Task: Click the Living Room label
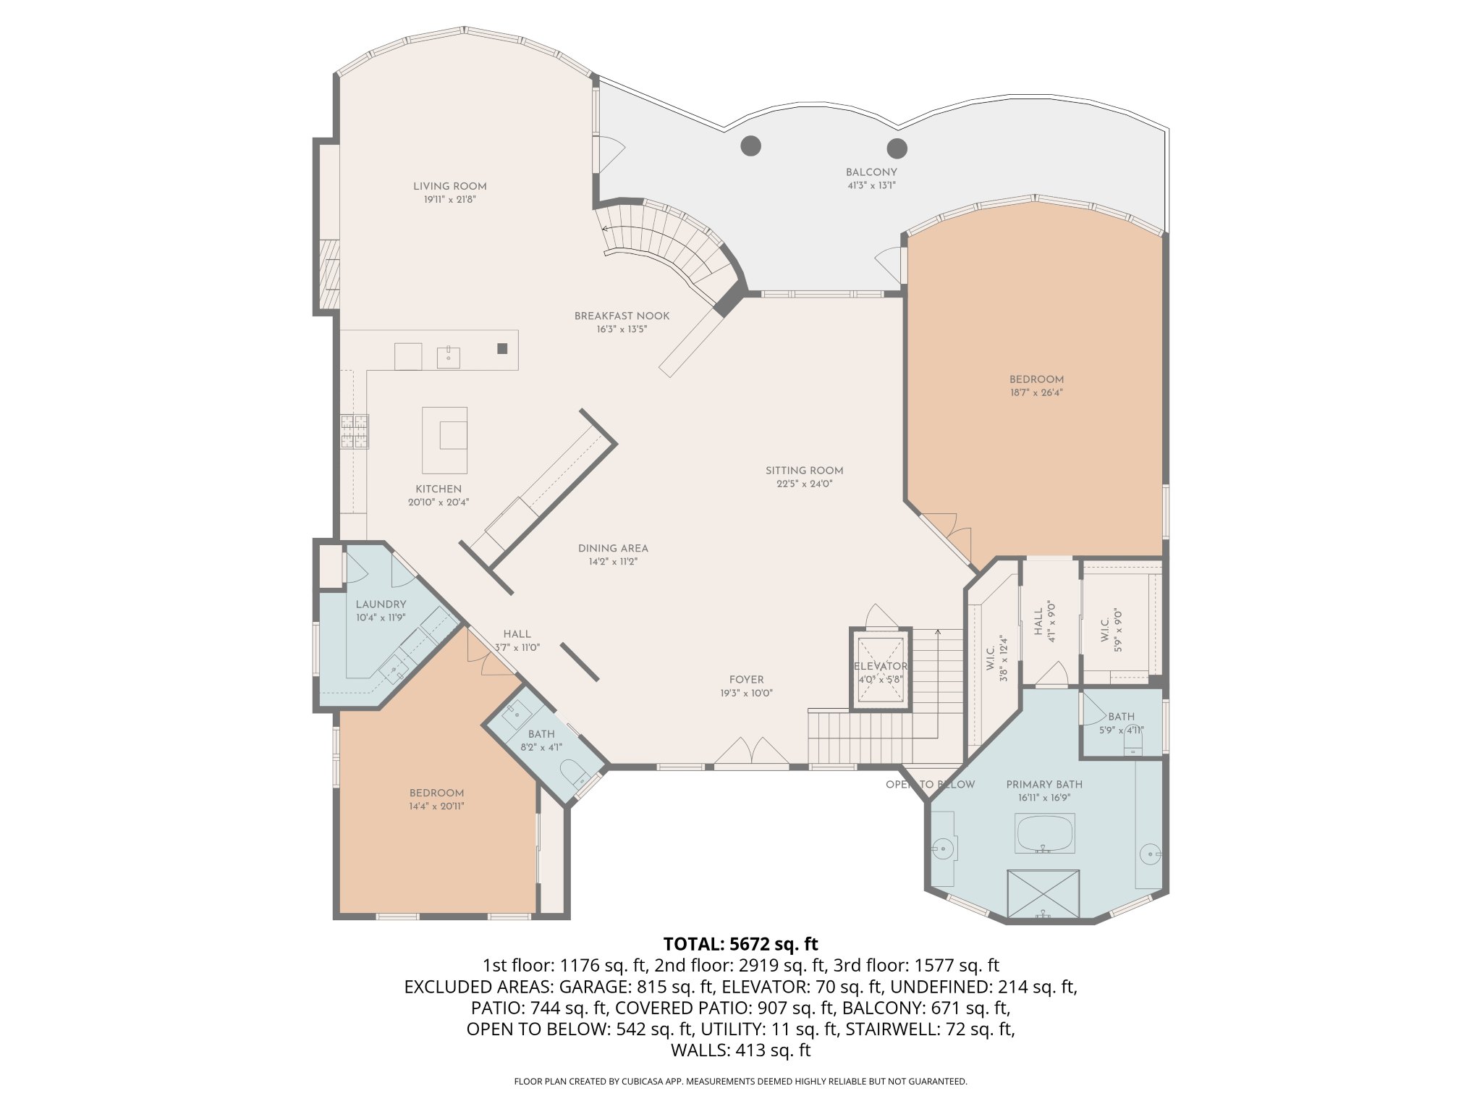point(450,186)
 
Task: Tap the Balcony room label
point(871,172)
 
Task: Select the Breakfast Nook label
point(622,316)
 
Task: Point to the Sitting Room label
point(805,471)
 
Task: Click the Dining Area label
point(613,548)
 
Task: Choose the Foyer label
point(746,680)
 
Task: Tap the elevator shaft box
point(881,670)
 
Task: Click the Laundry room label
point(381,605)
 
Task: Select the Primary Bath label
point(1044,785)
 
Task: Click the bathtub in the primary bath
point(1046,833)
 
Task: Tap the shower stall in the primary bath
point(1043,895)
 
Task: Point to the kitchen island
point(444,439)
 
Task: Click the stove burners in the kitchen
point(355,431)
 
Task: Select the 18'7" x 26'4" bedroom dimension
point(1036,393)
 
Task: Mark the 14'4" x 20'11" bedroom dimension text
point(436,806)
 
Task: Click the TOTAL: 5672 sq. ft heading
point(740,944)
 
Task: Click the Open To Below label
point(930,785)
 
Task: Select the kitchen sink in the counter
point(449,357)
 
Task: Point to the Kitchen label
point(439,489)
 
